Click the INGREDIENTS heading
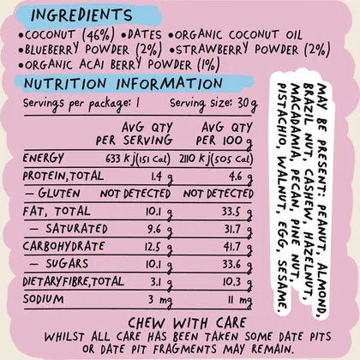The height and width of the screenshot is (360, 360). point(81,15)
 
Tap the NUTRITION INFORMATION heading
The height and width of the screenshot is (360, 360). point(123,83)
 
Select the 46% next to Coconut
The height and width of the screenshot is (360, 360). point(99,35)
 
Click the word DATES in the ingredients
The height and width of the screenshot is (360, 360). point(145,35)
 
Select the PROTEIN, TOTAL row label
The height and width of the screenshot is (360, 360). point(63,176)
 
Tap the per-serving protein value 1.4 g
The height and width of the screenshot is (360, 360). point(161,177)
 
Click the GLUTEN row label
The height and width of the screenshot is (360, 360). point(53,193)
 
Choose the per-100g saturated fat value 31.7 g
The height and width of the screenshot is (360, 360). point(238,230)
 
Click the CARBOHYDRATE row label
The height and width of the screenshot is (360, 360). point(63,246)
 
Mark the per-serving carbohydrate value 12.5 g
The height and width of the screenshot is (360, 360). point(159,248)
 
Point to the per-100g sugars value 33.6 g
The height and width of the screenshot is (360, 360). point(237,265)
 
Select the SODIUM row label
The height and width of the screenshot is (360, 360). point(44,299)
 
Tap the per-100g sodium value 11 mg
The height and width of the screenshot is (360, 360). point(240,301)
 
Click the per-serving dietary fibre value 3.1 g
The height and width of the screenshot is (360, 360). point(161,283)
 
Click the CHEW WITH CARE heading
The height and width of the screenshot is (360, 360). point(187,323)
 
